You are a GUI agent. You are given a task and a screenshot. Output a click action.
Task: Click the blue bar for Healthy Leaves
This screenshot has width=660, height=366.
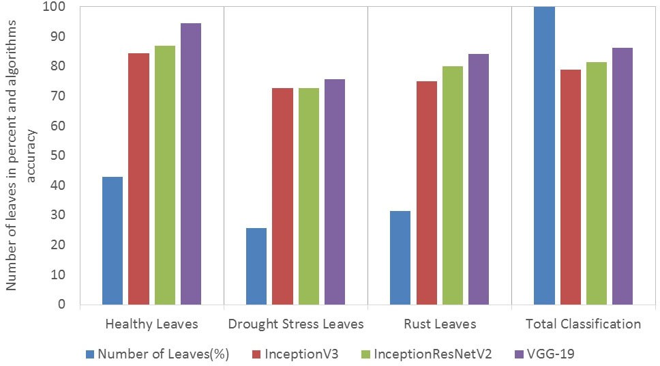112,240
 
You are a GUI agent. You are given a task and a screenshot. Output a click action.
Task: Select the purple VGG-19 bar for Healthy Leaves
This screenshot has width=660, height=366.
191,164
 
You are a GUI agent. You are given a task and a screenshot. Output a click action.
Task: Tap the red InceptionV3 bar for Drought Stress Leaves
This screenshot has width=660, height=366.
283,196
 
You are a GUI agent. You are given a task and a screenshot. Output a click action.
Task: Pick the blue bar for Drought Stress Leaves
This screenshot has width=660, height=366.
256,266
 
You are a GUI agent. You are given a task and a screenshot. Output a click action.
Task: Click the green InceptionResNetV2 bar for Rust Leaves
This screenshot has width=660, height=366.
453,185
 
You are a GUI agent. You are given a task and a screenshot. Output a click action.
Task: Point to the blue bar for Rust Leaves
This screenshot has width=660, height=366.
400,257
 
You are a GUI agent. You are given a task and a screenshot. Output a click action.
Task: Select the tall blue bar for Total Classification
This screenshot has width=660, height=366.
544,156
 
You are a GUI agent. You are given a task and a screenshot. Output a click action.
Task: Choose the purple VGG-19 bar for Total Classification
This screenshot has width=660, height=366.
622,176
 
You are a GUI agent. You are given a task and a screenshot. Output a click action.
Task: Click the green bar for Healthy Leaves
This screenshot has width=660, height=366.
164,175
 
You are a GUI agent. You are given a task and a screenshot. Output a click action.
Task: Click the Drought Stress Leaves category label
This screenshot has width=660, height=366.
296,324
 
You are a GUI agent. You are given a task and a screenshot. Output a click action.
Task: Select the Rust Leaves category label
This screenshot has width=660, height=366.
440,324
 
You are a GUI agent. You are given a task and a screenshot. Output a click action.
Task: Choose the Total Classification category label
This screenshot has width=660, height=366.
583,324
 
